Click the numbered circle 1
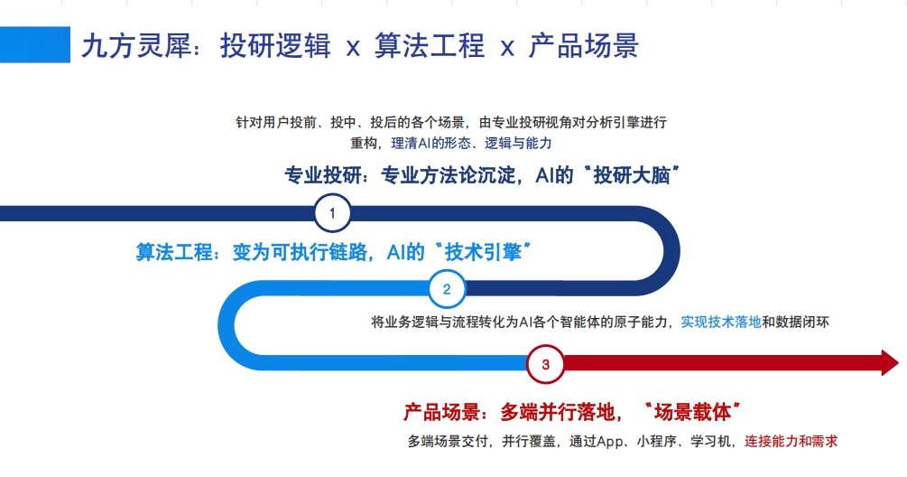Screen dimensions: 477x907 [333, 214]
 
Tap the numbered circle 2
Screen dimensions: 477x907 [447, 290]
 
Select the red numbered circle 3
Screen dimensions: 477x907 [545, 365]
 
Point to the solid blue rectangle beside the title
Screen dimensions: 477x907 [35, 44]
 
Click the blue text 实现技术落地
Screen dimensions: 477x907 [721, 322]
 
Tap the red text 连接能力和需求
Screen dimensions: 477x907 [791, 442]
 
